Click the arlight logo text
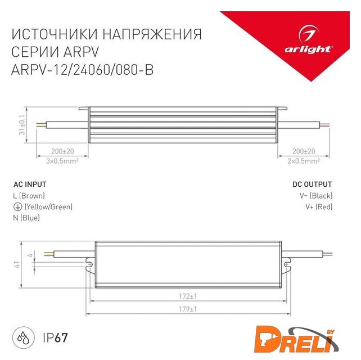click(308, 49)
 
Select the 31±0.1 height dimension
click(22, 125)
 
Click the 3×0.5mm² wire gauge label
click(62, 161)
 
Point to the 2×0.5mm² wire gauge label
click(304, 161)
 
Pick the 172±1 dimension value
click(188, 296)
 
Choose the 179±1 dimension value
click(188, 309)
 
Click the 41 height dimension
click(17, 264)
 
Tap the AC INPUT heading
click(30, 184)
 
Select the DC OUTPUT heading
click(312, 184)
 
